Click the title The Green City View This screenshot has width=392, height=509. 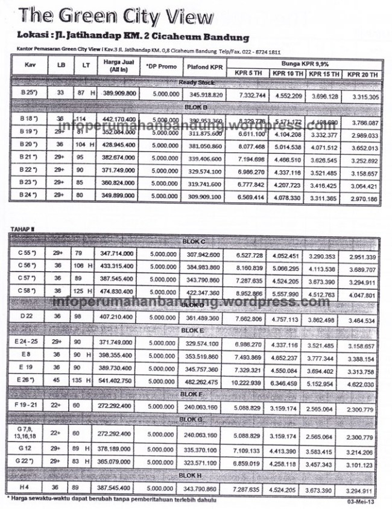point(115,15)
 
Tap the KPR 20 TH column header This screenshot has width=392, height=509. point(363,74)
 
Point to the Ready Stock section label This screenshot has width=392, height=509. point(194,82)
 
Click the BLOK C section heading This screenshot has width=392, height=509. point(194,242)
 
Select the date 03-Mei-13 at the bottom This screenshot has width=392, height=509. point(361,501)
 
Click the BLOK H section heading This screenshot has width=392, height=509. point(194,475)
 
